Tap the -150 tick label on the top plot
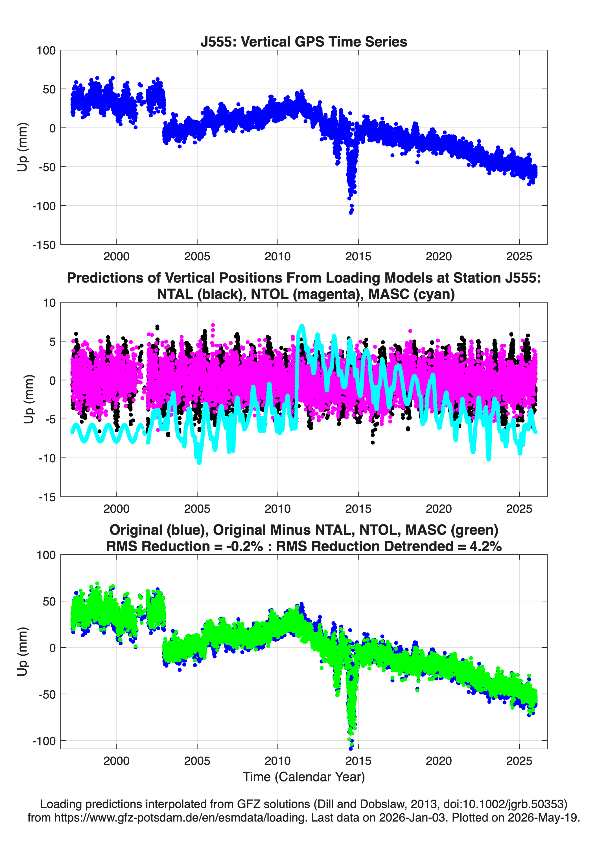[44, 245]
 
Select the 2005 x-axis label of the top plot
[197, 257]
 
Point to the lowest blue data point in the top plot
[350, 213]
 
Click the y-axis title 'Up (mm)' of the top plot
[22, 147]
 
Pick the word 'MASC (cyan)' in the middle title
[412, 294]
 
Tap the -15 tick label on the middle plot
[47, 497]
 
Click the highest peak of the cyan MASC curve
[302, 327]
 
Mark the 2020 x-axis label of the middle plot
[439, 509]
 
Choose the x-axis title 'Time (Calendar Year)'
[304, 777]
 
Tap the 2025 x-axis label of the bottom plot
[519, 761]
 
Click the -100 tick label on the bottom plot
[44, 741]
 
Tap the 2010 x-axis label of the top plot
[278, 257]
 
